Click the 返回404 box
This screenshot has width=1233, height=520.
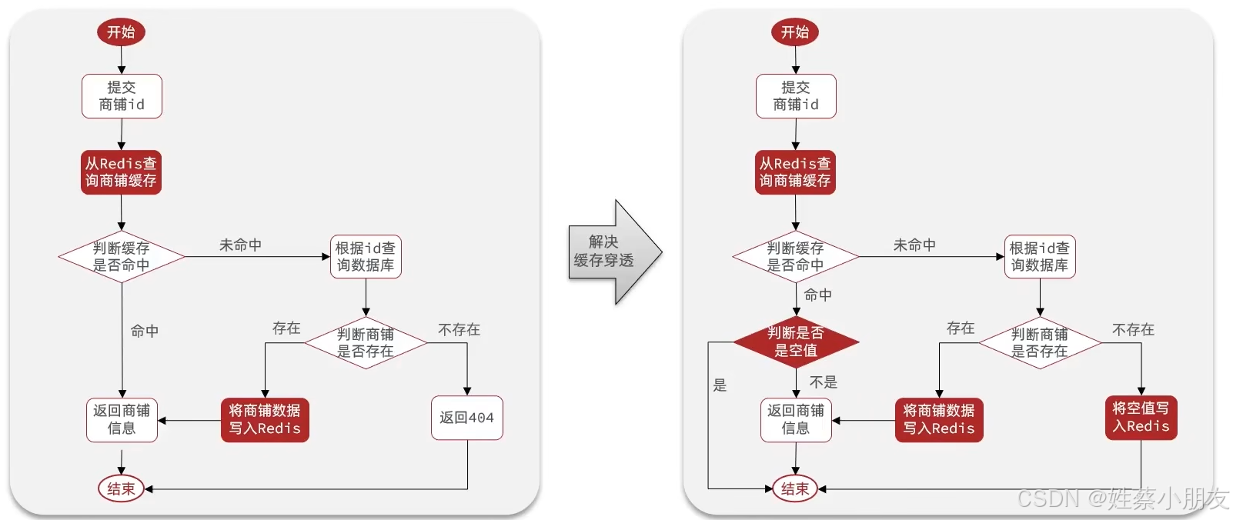466,418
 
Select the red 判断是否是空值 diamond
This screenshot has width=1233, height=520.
795,342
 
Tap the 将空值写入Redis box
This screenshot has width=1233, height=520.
1141,418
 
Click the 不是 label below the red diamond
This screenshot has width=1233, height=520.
823,382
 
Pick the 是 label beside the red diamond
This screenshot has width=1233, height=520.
720,385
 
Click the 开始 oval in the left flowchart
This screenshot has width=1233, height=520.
121,32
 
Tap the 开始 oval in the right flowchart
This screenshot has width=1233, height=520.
795,32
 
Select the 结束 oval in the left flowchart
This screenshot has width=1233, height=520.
121,488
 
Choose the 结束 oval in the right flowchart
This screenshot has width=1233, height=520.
795,488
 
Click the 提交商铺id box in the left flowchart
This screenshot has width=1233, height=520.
122,96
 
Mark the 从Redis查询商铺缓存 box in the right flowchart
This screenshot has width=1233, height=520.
795,172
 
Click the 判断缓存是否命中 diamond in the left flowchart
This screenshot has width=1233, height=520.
122,257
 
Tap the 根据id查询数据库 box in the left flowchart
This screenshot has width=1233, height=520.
366,257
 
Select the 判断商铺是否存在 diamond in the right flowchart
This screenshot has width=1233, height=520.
1039,343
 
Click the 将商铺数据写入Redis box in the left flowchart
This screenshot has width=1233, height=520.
265,420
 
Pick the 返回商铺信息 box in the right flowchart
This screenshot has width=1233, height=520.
796,420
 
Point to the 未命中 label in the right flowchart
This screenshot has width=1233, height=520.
914,245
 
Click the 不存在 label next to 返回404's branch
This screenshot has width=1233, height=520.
459,330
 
